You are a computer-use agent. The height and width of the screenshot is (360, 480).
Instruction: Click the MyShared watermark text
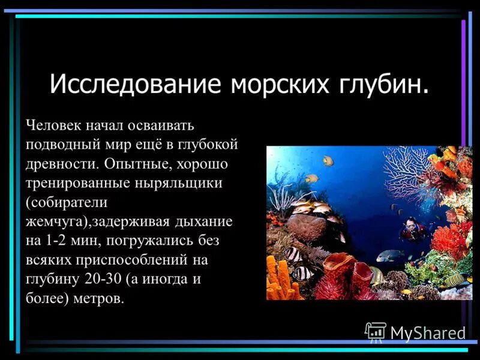click(x=428, y=333)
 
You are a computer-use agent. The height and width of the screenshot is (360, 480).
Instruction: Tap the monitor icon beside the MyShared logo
click(x=376, y=332)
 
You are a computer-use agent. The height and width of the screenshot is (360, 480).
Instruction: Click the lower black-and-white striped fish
click(x=303, y=274)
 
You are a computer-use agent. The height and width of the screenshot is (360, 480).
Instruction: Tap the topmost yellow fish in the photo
click(x=327, y=160)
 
